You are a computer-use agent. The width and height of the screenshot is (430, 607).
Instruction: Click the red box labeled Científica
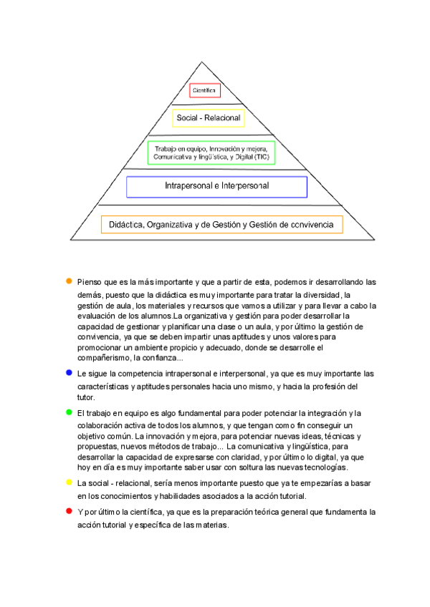pyautogui.click(x=205, y=90)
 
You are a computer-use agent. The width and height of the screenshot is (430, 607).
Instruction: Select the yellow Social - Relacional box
pyautogui.click(x=208, y=117)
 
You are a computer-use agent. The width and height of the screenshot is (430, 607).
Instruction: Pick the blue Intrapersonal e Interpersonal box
pyautogui.click(x=216, y=186)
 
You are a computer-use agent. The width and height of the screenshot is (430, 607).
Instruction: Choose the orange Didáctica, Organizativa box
pyautogui.click(x=221, y=225)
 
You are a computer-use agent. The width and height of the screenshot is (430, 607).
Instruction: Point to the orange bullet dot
pyautogui.click(x=69, y=281)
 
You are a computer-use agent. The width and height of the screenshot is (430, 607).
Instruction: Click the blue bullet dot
pyautogui.click(x=69, y=372)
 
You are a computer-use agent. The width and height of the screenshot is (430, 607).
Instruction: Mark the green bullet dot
pyautogui.click(x=69, y=412)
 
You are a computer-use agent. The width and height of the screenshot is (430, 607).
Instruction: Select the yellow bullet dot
pyautogui.click(x=69, y=482)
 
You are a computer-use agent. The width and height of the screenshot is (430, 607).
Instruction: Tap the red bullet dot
pyautogui.click(x=69, y=511)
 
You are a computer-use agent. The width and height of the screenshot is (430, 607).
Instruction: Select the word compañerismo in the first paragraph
pyautogui.click(x=102, y=358)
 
